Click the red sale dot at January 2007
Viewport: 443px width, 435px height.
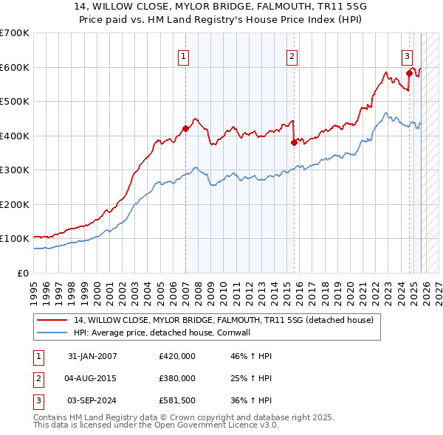coord(185,128)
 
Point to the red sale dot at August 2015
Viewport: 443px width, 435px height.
coord(294,142)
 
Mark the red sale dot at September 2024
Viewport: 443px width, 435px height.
coord(409,73)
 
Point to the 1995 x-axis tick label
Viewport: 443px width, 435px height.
coord(34,288)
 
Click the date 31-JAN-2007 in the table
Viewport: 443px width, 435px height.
coord(92,356)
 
